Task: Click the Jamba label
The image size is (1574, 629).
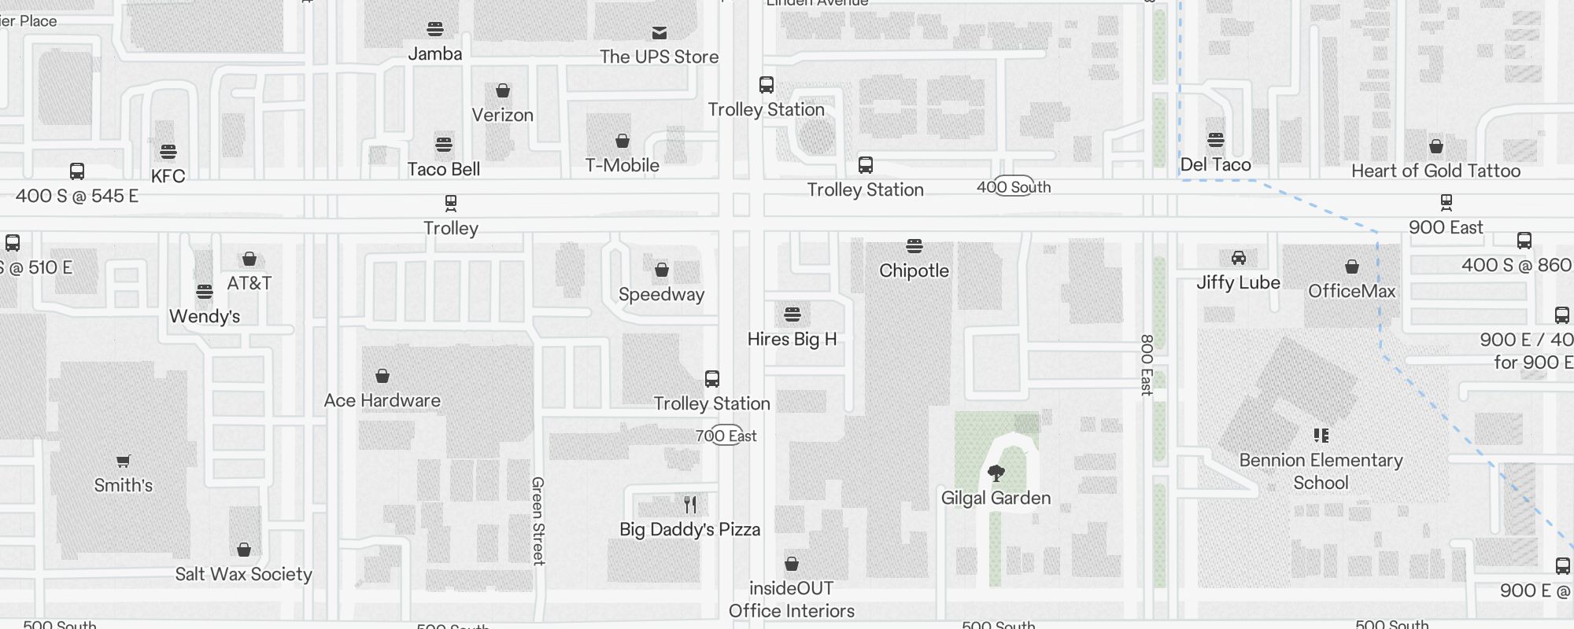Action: coord(435,54)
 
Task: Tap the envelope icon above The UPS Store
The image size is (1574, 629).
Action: coord(660,32)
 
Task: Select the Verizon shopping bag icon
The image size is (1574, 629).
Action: coord(503,91)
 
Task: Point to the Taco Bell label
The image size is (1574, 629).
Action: coord(444,169)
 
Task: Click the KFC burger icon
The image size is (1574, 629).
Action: coord(168,151)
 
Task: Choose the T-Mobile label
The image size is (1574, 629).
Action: coord(622,165)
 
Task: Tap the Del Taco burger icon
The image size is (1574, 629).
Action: coord(1216,140)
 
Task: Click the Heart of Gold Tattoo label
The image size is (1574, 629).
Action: coord(1435,171)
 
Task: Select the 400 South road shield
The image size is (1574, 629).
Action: coord(1014,186)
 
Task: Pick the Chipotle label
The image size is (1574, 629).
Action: coord(914,270)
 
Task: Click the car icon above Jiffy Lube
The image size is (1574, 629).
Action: coord(1239,258)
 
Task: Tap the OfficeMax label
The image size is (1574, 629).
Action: coord(1351,291)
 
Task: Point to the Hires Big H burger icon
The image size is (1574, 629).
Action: coord(793,314)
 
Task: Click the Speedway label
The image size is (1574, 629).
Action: coord(661,294)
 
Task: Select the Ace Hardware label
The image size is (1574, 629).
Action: coord(382,400)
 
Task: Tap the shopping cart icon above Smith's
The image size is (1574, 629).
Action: coord(124,461)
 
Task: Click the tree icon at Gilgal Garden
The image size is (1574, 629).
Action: coord(996,473)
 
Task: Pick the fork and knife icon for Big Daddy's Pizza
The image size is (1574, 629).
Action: coord(690,504)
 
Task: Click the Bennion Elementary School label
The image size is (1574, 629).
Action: coord(1321,471)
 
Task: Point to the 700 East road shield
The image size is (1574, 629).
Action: coord(726,436)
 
